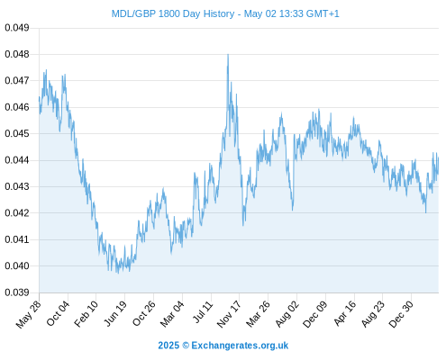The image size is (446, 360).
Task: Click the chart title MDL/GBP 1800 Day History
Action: pos(173,13)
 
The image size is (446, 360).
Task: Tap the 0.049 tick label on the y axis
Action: pos(17,28)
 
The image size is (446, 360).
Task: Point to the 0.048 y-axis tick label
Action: pos(17,54)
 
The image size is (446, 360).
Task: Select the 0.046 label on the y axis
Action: pos(17,107)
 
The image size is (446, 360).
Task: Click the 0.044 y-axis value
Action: pos(17,160)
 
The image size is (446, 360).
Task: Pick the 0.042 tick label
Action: pos(17,213)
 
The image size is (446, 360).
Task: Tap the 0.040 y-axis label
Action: pos(17,265)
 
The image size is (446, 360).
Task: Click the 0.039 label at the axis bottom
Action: pos(17,292)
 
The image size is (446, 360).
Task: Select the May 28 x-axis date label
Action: pos(29,314)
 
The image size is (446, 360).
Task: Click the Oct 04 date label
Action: pos(58,313)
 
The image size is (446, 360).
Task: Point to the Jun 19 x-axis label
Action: pos(114,313)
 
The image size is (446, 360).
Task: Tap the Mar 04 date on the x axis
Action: pos(172,314)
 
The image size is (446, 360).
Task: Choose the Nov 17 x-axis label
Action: pos(229,314)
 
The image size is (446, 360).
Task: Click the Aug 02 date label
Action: pos(287,314)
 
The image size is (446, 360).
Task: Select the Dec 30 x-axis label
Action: pos(401,314)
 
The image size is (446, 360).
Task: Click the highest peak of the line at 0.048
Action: pos(228,55)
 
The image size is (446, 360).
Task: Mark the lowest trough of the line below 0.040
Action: pos(118,273)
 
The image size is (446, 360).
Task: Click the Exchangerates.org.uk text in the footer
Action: pos(240,346)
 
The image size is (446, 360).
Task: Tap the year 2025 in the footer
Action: pos(168,346)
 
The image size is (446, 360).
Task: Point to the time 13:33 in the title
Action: pos(291,13)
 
